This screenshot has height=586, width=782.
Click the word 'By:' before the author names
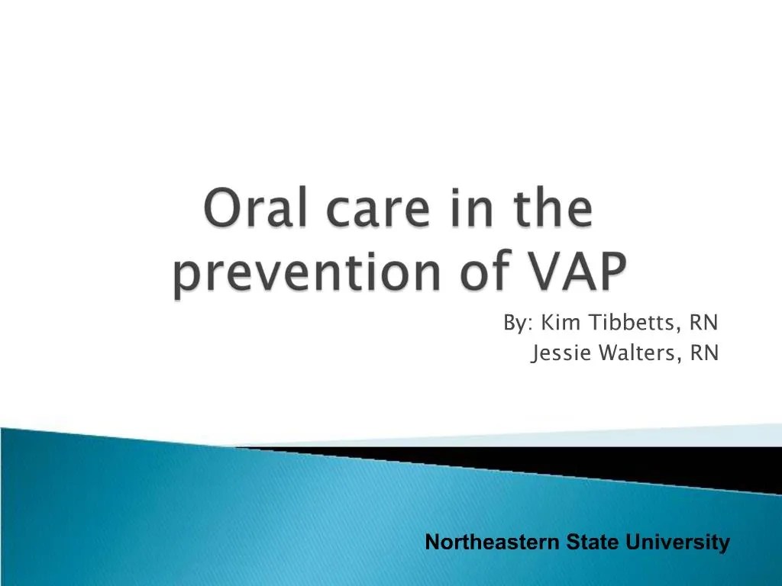[x=518, y=324]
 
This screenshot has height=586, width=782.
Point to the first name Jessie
[x=561, y=353]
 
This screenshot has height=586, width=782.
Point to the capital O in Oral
[x=222, y=211]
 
